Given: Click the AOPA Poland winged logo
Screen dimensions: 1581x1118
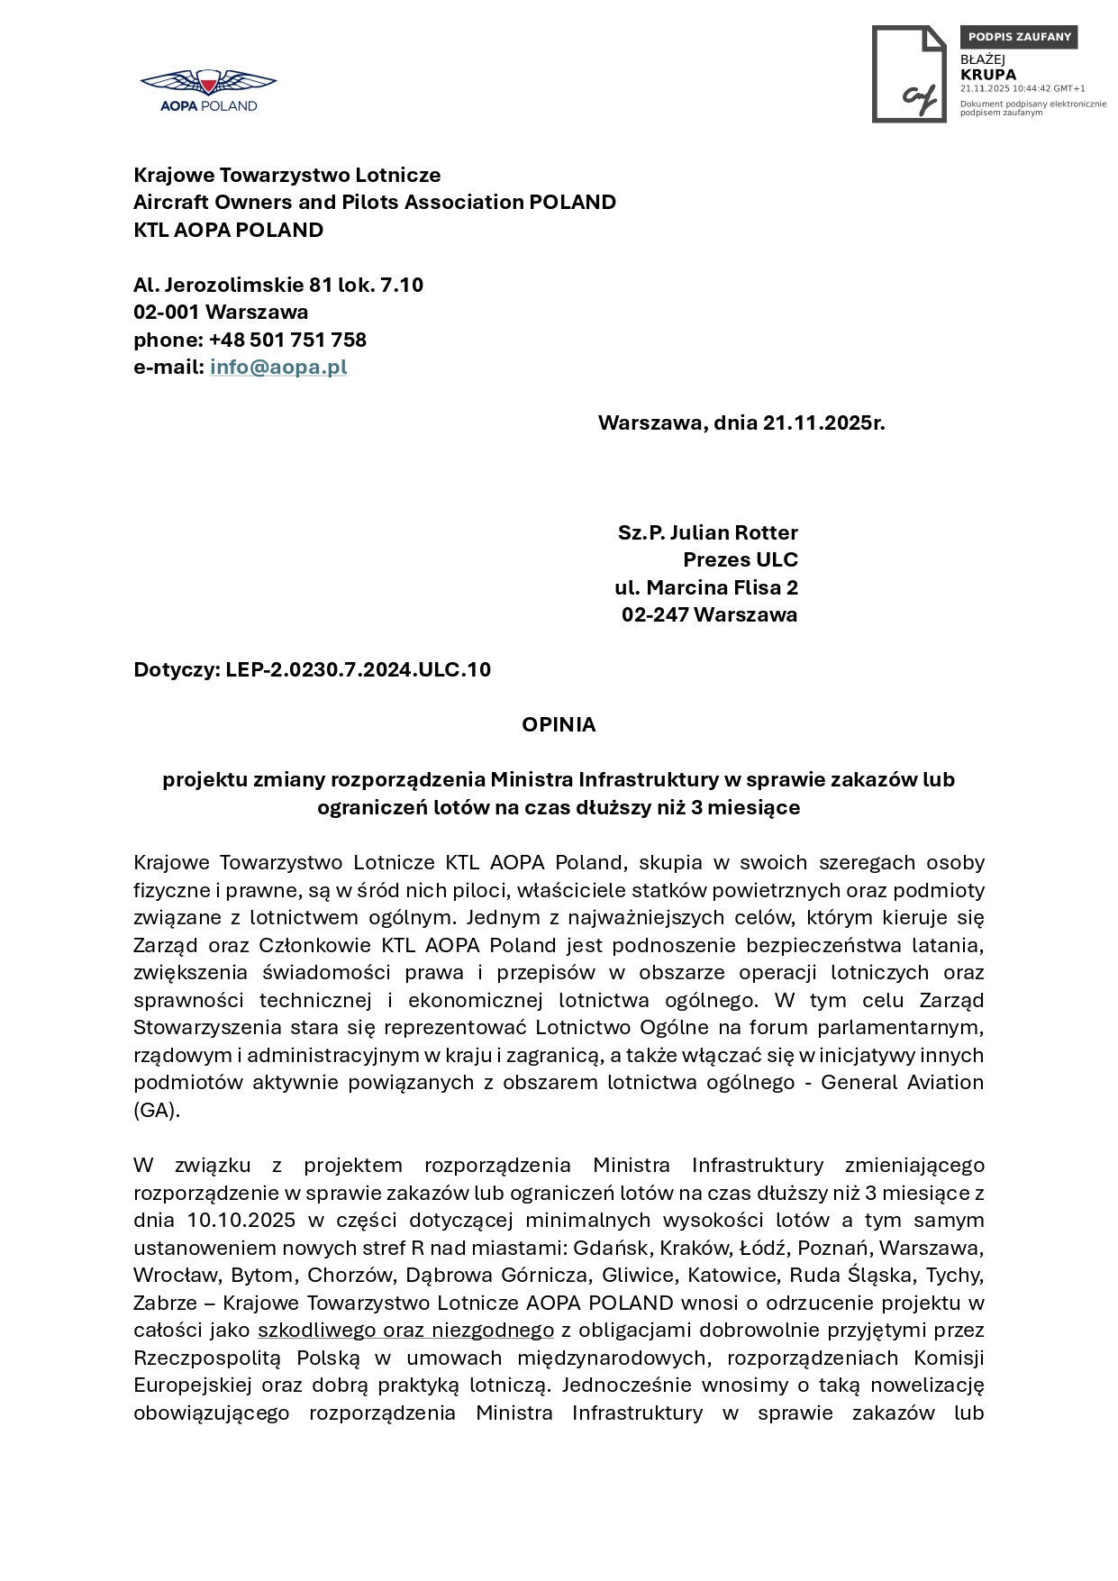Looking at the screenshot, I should [208, 90].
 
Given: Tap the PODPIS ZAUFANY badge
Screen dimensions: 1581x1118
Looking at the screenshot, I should [1019, 37].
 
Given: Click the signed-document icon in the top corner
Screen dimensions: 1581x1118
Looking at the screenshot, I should [909, 74].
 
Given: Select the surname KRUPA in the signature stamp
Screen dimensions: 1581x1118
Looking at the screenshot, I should [987, 75].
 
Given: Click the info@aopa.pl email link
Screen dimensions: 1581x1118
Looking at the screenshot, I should [278, 367].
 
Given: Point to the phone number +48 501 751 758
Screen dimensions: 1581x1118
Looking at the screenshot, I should [287, 340].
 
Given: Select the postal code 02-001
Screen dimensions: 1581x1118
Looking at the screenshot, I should [166, 312].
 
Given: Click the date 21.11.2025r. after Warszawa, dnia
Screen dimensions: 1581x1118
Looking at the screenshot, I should [823, 423].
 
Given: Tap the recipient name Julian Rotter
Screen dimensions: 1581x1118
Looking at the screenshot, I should [733, 532].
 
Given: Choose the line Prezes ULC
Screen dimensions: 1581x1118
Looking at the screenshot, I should [741, 559].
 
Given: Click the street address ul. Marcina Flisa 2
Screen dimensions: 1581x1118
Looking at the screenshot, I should [706, 587].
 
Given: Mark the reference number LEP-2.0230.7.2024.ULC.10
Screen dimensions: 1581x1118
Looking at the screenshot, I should [358, 669].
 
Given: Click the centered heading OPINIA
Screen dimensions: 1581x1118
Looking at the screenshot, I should [559, 724].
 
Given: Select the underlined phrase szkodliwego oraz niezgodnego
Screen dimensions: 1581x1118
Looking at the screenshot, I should [405, 1330].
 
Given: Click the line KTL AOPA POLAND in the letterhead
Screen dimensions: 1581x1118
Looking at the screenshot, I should [228, 230].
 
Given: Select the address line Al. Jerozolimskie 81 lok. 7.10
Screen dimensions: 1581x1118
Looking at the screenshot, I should [278, 285].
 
